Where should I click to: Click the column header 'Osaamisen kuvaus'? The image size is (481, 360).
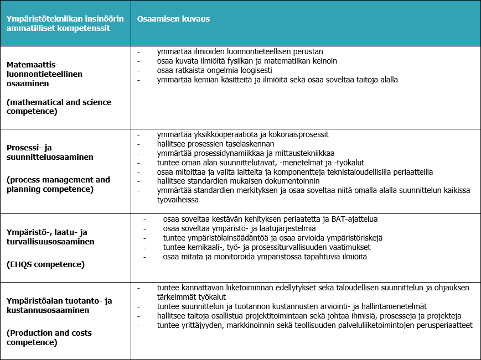pos(173,19)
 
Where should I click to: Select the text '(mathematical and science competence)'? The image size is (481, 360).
pos(59,107)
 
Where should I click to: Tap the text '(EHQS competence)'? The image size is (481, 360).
pos(45,264)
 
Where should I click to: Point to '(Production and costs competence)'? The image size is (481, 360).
pos(49,337)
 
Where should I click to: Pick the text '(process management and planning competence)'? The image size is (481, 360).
pos(58,184)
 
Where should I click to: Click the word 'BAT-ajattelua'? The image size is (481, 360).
pos(354,219)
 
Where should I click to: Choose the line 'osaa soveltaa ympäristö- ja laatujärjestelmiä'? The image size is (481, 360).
pos(239,228)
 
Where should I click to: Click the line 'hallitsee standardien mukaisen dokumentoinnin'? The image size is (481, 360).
pos(239,181)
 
